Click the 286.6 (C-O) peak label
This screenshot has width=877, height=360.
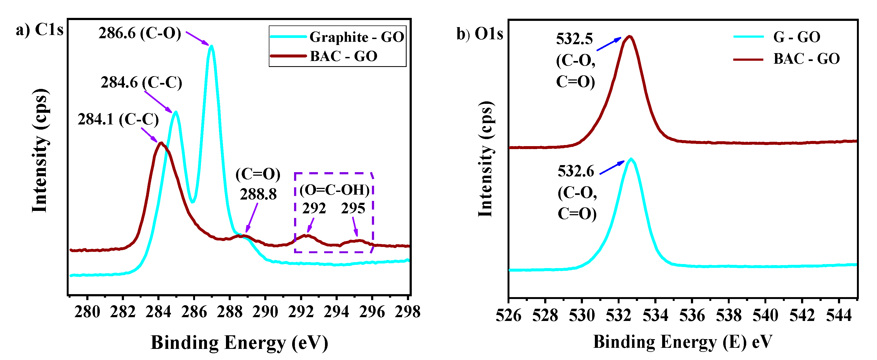tap(140, 33)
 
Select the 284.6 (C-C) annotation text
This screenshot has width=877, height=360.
tap(141, 83)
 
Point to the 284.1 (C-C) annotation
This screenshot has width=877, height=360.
tap(118, 120)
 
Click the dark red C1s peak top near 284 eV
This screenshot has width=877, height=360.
tap(161, 143)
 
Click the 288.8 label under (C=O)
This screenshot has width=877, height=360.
tap(258, 195)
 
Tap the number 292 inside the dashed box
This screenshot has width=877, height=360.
tap(314, 208)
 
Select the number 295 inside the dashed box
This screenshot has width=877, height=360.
tap(353, 208)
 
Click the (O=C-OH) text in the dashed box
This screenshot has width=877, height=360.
tap(334, 190)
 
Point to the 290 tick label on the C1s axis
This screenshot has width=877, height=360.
tap(265, 312)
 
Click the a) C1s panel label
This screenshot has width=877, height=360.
tap(40, 30)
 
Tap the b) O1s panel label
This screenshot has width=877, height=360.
tap(480, 34)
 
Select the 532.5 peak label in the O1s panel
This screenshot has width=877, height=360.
tap(574, 39)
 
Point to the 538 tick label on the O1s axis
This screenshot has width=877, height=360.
tap(729, 316)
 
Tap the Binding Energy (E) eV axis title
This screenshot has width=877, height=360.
tap(683, 342)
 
